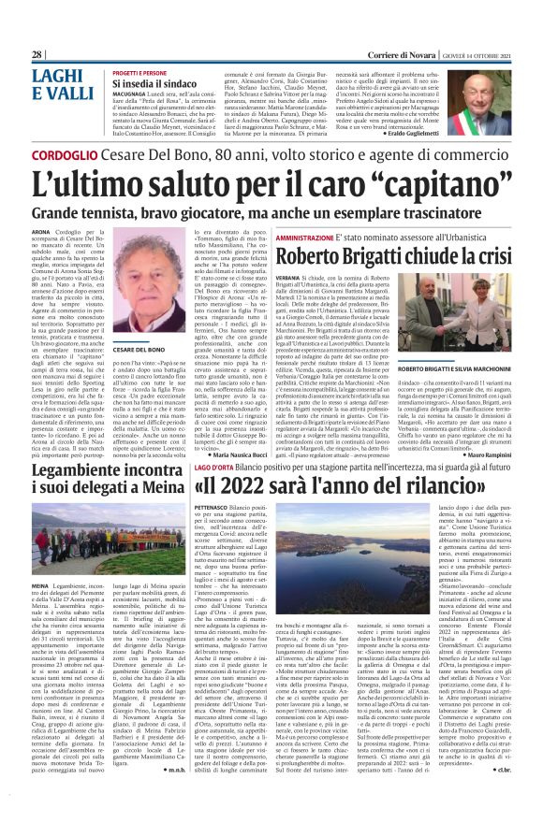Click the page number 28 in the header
[x=37, y=55]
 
